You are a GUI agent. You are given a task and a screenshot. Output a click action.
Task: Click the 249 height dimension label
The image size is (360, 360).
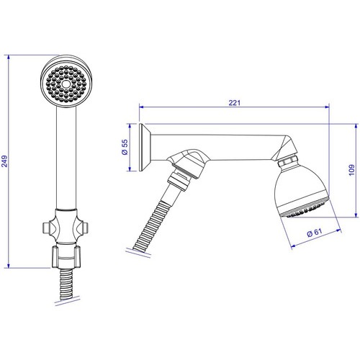pos(5,161)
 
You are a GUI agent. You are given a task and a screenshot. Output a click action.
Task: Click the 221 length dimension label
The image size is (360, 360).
pos(234,103)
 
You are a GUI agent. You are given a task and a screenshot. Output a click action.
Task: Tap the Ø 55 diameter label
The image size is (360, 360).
pos(125,147)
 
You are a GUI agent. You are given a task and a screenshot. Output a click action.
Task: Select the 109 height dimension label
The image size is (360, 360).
pos(351,170)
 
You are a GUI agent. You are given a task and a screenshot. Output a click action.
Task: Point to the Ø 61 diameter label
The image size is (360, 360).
pos(315,233)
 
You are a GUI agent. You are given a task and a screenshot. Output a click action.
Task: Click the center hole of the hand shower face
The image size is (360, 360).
pos(66,84)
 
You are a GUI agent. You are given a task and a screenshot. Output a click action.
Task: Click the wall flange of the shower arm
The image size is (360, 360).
pos(145,148)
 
